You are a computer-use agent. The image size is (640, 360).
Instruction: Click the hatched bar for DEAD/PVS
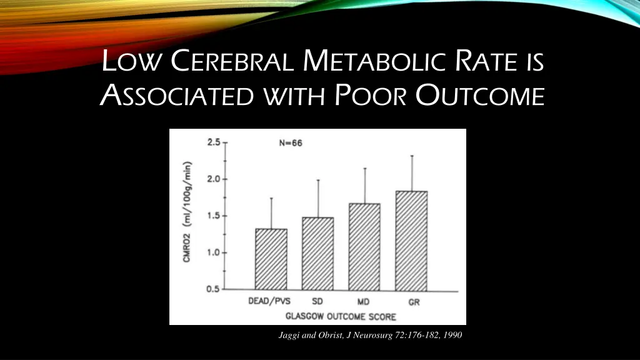(271, 259)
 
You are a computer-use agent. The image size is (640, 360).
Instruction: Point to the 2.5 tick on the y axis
(214, 142)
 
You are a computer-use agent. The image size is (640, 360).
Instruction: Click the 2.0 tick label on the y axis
(214, 179)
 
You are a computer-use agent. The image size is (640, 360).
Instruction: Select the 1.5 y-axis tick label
(214, 216)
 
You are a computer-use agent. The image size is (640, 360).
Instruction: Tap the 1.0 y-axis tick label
(214, 252)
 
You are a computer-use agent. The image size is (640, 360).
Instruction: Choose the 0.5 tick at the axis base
(214, 289)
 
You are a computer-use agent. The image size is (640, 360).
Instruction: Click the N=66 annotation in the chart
(291, 142)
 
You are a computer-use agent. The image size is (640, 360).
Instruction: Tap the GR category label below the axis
(414, 302)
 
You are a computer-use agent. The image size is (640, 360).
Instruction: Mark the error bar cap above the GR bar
(412, 156)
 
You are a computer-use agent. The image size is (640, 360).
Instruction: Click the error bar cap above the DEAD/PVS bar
(271, 198)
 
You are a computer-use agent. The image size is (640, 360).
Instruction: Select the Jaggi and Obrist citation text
(370, 336)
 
